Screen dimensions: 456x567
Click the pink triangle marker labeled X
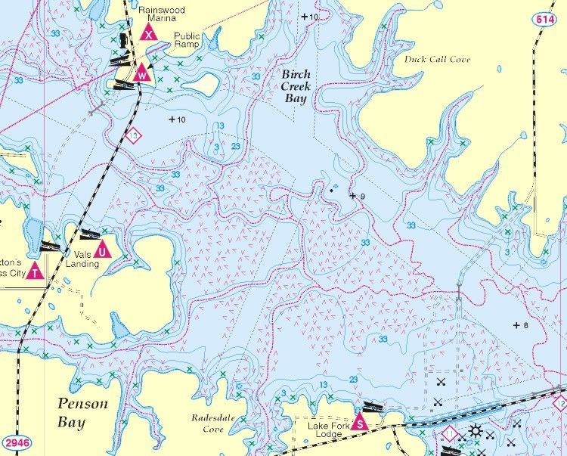(x=149, y=32)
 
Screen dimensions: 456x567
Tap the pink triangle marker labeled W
(x=141, y=73)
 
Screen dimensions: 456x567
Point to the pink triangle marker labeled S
(x=361, y=422)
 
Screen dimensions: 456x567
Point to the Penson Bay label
(x=82, y=412)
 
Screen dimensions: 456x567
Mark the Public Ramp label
(x=187, y=40)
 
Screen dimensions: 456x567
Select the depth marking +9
(x=358, y=196)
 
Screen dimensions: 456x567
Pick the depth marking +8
(x=520, y=325)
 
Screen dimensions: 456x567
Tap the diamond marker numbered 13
(x=135, y=135)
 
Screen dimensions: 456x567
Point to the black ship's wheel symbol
(x=475, y=432)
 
